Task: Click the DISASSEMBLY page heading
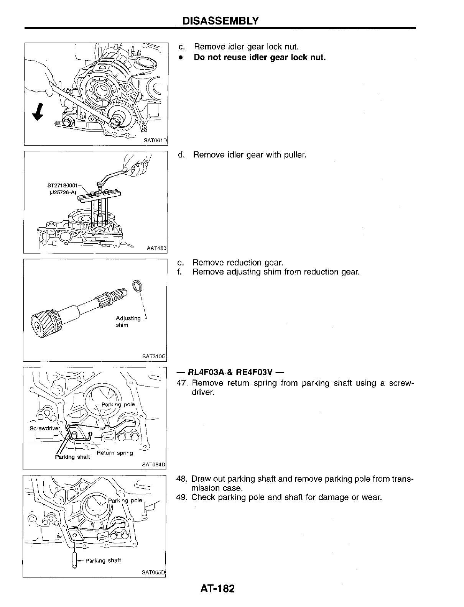220,20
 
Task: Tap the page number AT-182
217,588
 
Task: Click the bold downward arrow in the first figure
37,112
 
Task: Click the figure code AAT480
156,248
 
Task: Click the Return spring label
115,453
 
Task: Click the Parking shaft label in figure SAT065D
103,561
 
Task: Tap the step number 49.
181,497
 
